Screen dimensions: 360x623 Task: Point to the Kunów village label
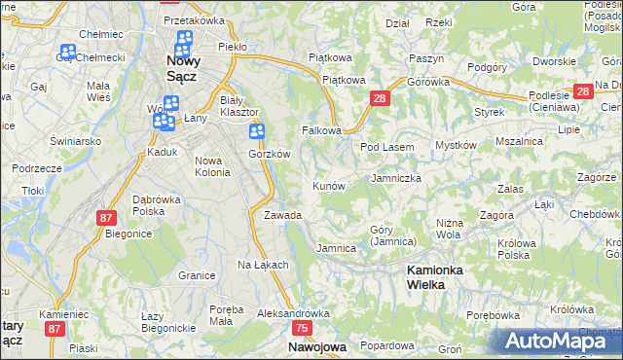coord(328,186)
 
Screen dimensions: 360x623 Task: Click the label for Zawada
coord(282,215)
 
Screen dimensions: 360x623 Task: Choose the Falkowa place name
coord(322,130)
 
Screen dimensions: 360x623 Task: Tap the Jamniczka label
coord(396,179)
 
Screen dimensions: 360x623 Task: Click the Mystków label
coord(455,145)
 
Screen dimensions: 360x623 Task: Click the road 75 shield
coord(302,329)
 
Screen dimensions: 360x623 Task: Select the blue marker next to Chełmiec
coord(68,54)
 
